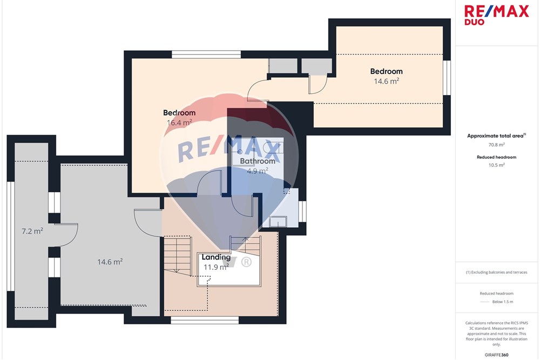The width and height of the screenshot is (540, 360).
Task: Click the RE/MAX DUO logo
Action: coord(496,15)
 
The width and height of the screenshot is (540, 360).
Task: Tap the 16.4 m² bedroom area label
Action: coord(179,122)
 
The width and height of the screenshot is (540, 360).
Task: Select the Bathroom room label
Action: coord(258,161)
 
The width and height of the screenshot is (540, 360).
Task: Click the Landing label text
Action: coord(216,257)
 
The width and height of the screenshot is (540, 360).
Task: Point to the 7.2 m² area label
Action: coord(32,231)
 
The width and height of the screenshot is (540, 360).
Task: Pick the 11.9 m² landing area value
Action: coord(217,267)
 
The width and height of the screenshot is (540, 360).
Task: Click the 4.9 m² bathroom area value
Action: coord(258,171)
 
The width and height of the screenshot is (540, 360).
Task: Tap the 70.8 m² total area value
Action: coord(497,145)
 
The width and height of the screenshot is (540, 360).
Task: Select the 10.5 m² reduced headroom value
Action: coord(497,165)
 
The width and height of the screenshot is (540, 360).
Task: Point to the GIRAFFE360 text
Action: coord(497,355)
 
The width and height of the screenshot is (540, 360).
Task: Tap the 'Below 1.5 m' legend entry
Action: coord(502,302)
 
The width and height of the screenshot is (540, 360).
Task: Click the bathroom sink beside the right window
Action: coord(278,222)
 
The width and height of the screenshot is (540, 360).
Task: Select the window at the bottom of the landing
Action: coord(205,321)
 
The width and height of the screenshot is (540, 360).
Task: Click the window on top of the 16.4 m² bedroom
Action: coord(206,55)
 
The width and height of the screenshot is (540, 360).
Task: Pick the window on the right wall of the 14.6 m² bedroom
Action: coord(447,78)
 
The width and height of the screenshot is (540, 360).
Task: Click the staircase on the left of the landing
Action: coord(177,256)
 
